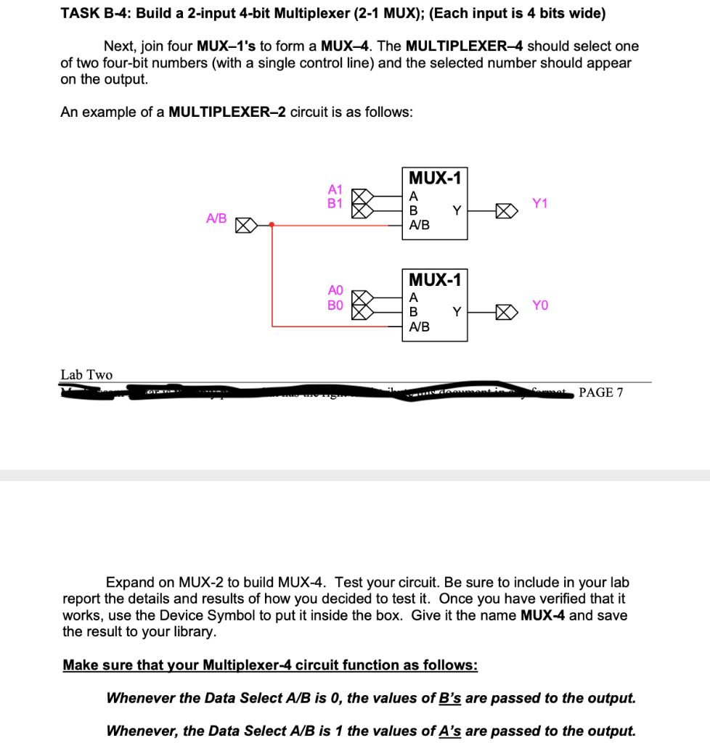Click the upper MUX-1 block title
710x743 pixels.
(435, 178)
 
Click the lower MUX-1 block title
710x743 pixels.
(435, 279)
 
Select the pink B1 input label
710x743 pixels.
(335, 203)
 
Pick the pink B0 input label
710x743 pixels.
(335, 305)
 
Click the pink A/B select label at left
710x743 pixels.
(216, 218)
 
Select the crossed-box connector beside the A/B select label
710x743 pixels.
(244, 225)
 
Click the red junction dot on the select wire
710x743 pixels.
(272, 225)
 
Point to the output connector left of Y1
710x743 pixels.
(505, 211)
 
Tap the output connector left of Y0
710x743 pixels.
(505, 313)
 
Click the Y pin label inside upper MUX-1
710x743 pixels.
(456, 210)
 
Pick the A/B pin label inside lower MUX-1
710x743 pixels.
(420, 327)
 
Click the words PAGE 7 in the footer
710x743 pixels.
(600, 393)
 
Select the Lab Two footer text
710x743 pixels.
(86, 374)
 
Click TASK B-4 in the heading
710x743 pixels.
(91, 14)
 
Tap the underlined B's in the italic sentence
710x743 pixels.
(450, 698)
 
